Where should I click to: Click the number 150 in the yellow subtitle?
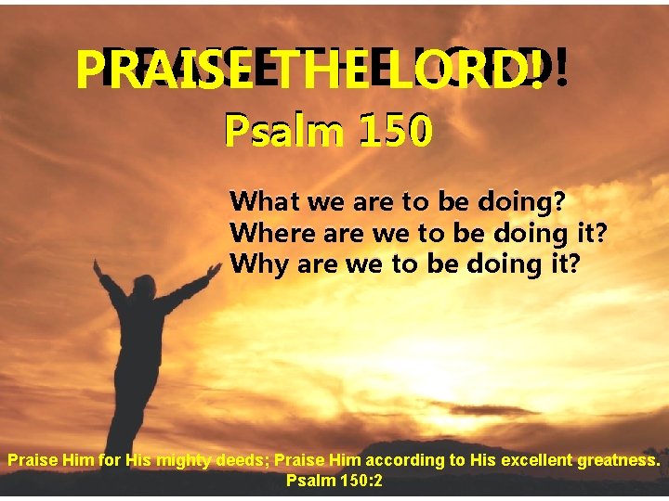tap(394, 133)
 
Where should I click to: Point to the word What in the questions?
tap(262, 200)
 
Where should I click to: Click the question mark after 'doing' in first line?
tap(559, 200)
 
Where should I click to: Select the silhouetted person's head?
tap(144, 287)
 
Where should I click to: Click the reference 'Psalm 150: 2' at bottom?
tap(334, 482)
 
